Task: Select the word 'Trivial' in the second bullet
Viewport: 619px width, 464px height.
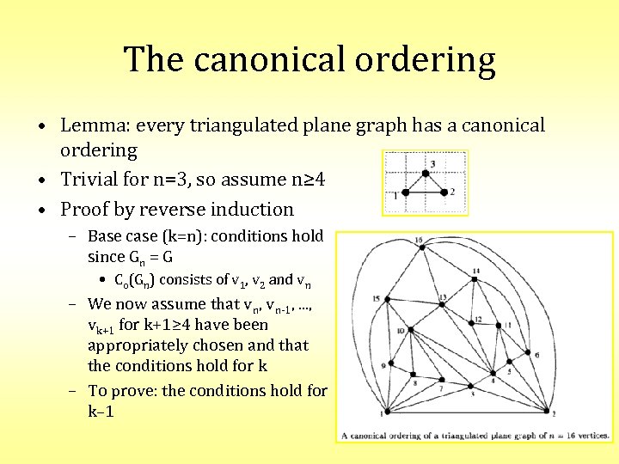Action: [89, 180]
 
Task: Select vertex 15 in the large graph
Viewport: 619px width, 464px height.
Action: [389, 298]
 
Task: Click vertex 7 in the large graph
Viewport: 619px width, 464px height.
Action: [446, 383]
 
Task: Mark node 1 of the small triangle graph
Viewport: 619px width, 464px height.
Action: [403, 192]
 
